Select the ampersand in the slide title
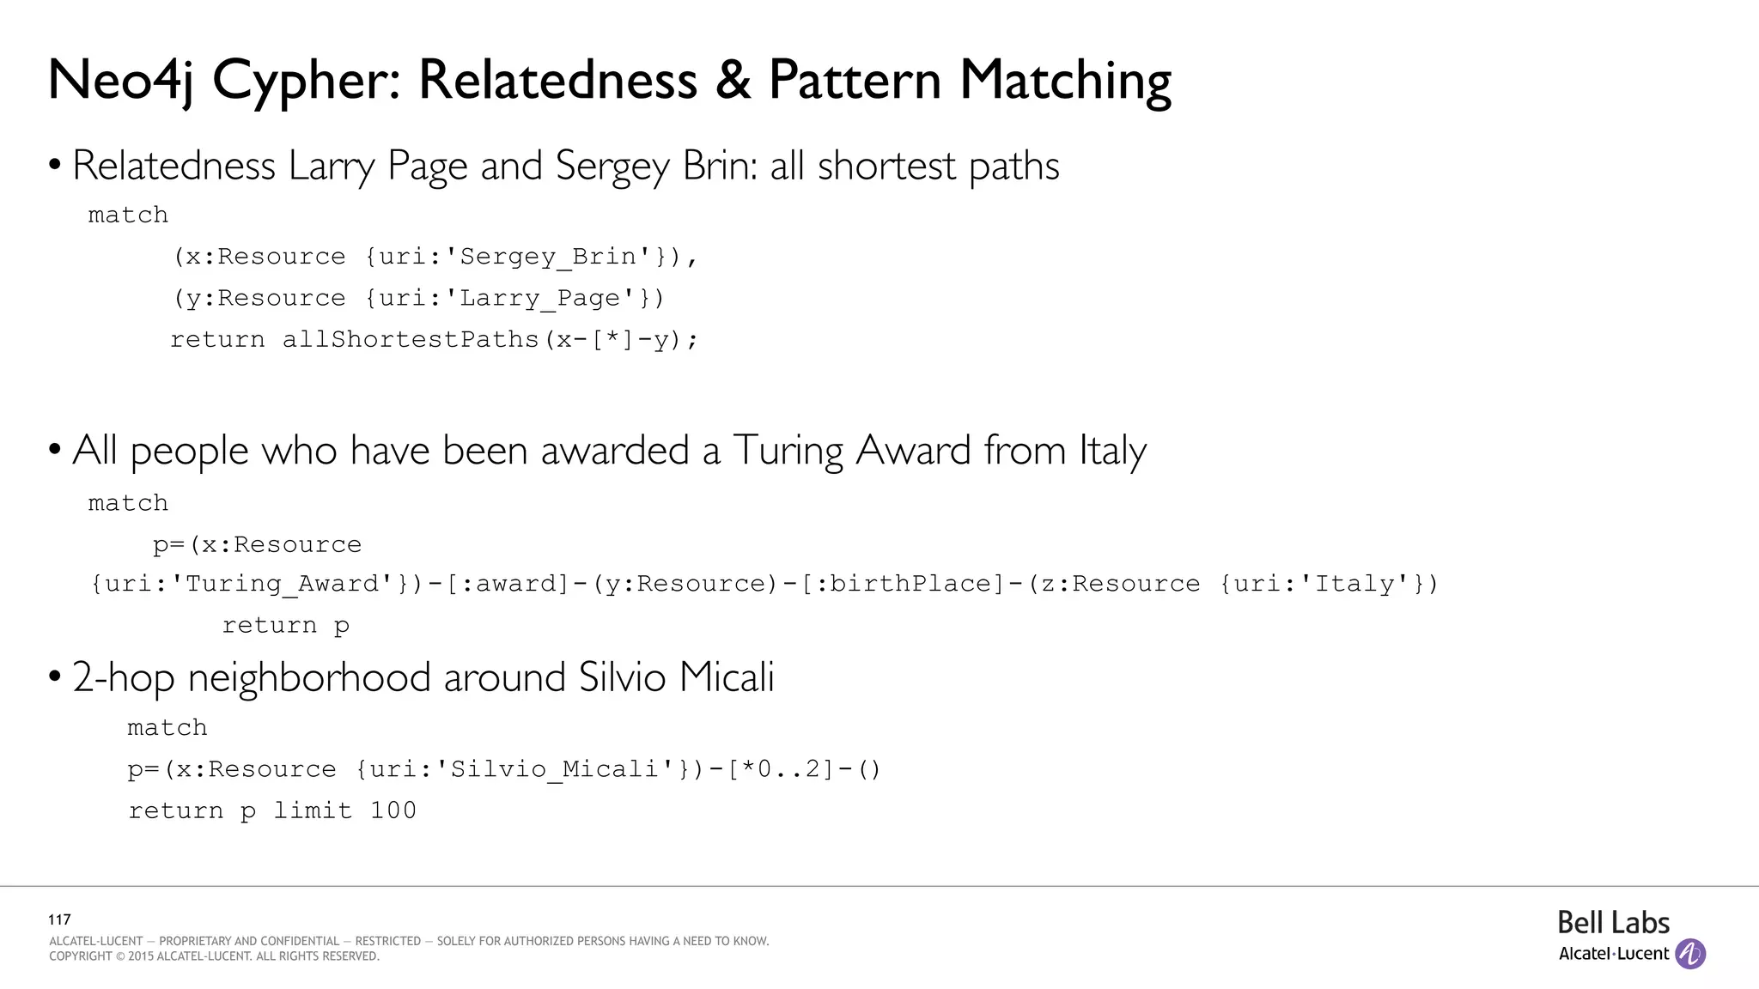point(732,81)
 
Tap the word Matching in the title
point(1065,82)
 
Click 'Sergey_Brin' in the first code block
point(548,257)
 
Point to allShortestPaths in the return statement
point(411,339)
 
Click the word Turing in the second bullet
point(788,451)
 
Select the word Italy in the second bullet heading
point(1112,451)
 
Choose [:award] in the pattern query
point(508,584)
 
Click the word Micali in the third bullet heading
point(726,677)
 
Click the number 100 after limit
point(393,810)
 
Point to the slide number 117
point(59,919)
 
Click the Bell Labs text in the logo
point(1613,923)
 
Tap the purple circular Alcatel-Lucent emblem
point(1690,954)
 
